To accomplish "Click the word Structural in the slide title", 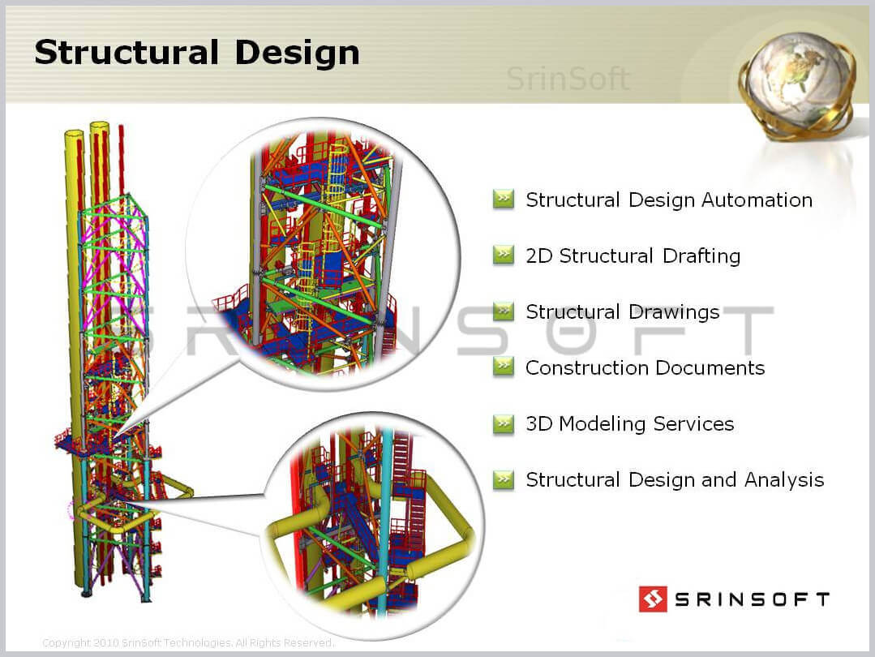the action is point(127,53).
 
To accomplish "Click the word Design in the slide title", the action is point(298,53).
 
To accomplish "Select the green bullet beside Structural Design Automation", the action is point(504,199).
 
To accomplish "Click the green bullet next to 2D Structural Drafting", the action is point(504,255).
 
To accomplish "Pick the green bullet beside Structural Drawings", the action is point(504,311).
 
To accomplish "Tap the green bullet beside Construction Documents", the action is point(504,367).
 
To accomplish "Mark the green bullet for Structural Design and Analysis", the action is point(504,479).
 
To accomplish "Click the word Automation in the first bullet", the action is point(757,200).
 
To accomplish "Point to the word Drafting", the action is point(701,256).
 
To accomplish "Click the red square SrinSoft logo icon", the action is point(653,599).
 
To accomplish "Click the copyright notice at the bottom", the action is point(188,642).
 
